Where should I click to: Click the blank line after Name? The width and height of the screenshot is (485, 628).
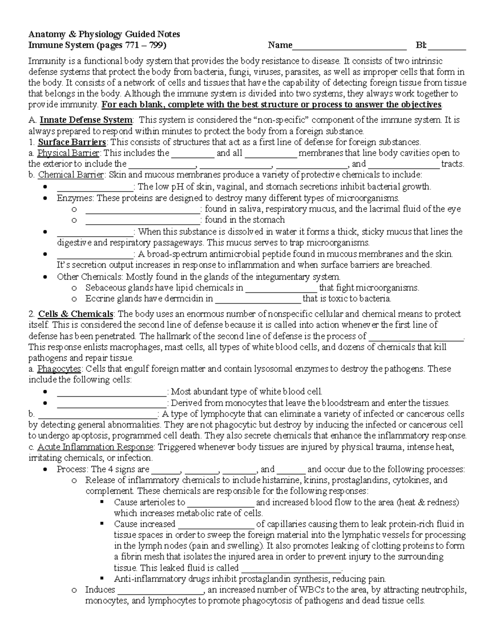pos(349,46)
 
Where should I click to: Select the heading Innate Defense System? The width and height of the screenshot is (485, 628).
pos(86,120)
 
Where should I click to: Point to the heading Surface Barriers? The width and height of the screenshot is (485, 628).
pos(72,142)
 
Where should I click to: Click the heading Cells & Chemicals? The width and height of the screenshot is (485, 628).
pos(76,314)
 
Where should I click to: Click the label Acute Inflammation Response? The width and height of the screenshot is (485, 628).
pos(95,447)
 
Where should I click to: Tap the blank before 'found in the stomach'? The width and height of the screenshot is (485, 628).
pos(143,220)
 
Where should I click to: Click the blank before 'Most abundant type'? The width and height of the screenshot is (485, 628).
pos(112,392)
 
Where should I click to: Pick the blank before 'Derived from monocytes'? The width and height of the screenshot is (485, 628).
pos(112,403)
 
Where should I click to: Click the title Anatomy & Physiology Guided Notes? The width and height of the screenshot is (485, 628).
pos(104,34)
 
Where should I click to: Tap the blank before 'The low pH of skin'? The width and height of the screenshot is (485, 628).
pos(95,187)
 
